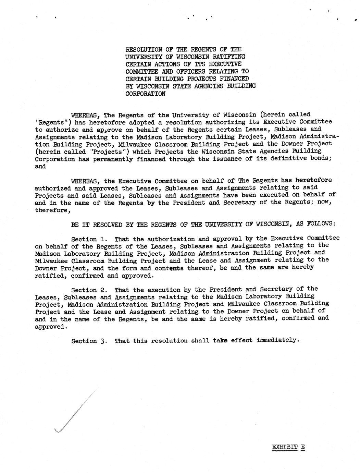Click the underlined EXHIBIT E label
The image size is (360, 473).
[288, 447]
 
